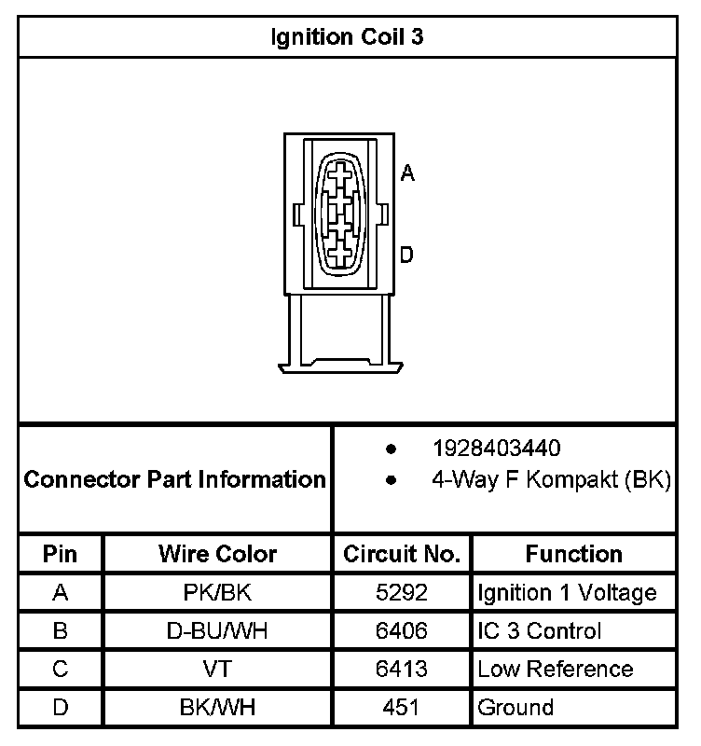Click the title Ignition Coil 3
coord(349,37)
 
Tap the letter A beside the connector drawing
coord(407,173)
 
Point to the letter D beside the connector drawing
coord(407,255)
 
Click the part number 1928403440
coord(496,449)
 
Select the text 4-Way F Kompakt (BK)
coord(551,480)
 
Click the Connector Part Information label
coord(174,480)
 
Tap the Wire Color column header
coord(218,554)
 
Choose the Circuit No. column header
coord(402,554)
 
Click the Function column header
coord(573,554)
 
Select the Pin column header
coord(61,554)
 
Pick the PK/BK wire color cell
coord(218,593)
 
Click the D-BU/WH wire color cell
coord(218,631)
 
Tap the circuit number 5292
coord(402,593)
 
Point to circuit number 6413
coord(402,670)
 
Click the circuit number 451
coord(402,708)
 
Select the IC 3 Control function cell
coord(540,631)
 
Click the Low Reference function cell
coord(555,670)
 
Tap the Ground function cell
coord(515,708)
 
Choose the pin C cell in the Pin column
coord(61,670)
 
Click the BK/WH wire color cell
coord(218,708)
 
